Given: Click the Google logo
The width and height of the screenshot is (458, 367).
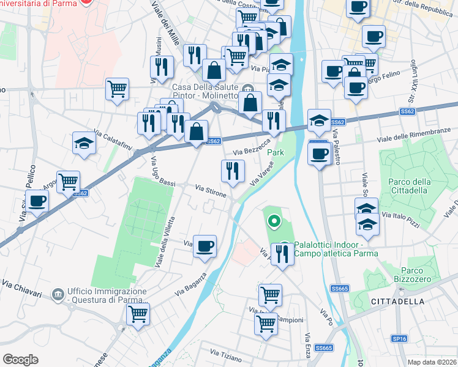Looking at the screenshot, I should (x=20, y=360).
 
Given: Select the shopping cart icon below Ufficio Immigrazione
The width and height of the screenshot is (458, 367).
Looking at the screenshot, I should (x=138, y=314).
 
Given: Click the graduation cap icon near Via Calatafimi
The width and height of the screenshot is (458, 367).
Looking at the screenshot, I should (x=84, y=143).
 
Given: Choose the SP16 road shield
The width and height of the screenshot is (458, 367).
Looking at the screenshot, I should (x=399, y=338).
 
